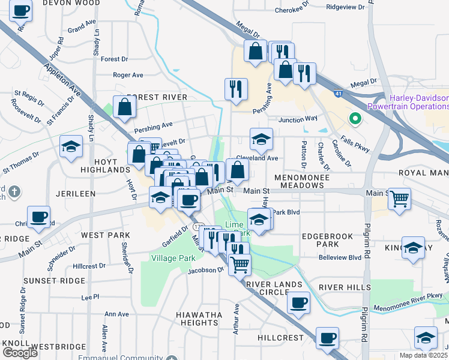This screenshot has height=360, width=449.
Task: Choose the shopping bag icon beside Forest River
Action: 124,107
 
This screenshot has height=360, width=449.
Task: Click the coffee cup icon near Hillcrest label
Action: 327,338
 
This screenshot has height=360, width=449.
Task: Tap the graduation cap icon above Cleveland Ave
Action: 261,139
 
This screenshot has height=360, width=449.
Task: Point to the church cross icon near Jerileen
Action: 14,192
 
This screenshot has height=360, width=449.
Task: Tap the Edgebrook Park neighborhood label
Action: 328,241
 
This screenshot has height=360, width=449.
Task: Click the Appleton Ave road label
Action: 62,83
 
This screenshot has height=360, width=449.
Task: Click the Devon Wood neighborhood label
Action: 74,3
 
